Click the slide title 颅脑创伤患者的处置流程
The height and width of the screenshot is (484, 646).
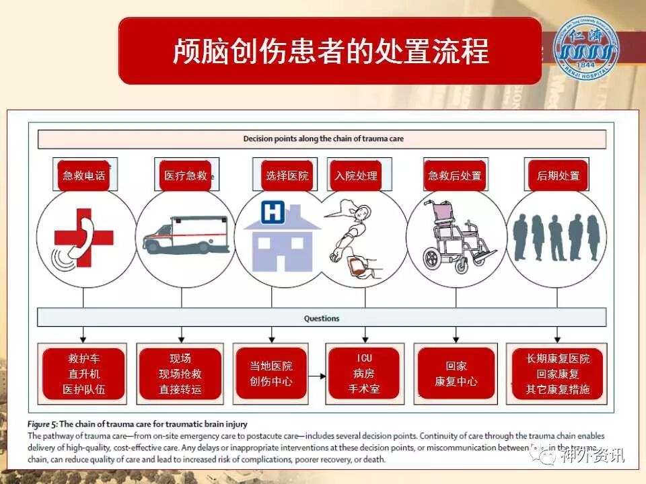[x=330, y=51]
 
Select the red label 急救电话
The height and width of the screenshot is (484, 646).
[x=83, y=175]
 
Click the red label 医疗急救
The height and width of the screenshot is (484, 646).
[x=186, y=175]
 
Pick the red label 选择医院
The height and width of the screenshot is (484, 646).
[x=287, y=175]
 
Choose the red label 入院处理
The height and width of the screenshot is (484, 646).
[x=355, y=175]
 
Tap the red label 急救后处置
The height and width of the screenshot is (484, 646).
[x=455, y=175]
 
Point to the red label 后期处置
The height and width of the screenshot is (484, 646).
[x=558, y=175]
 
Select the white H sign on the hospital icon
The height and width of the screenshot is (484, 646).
[x=272, y=213]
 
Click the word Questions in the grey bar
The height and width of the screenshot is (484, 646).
[x=321, y=318]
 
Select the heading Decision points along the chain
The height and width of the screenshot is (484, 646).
[x=323, y=139]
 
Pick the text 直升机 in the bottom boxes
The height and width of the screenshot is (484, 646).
[x=83, y=374]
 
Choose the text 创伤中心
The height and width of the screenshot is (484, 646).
[x=271, y=382]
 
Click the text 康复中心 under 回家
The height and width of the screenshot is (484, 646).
[x=456, y=382]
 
